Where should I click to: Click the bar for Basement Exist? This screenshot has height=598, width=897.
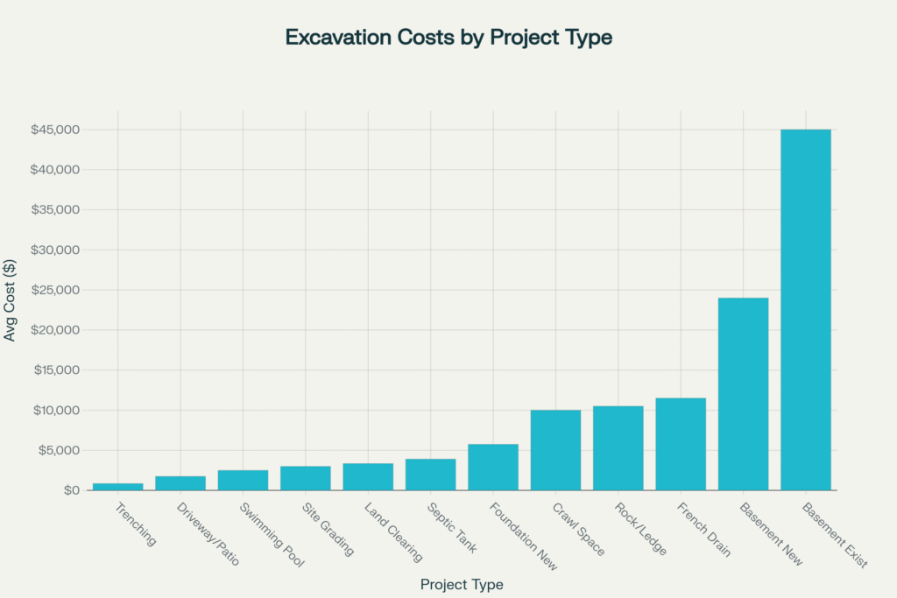click(806, 310)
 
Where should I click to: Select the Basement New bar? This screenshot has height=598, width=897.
click(743, 394)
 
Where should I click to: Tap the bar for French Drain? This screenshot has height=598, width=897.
click(681, 444)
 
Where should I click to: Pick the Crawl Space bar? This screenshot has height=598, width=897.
click(555, 450)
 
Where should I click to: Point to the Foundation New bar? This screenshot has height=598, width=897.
click(493, 467)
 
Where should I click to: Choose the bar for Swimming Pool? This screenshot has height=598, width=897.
click(243, 480)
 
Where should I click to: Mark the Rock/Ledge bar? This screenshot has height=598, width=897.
click(618, 448)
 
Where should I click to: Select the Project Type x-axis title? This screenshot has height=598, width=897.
click(462, 584)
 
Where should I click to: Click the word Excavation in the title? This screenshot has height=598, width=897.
click(335, 39)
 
